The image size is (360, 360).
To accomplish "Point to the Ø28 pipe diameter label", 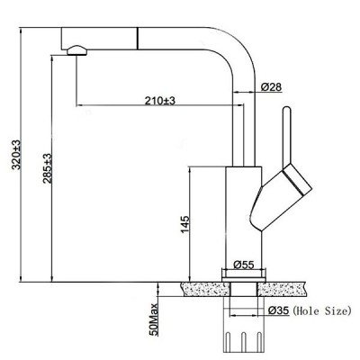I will click(273, 86).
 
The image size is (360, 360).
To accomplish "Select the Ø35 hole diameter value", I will click(278, 311).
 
